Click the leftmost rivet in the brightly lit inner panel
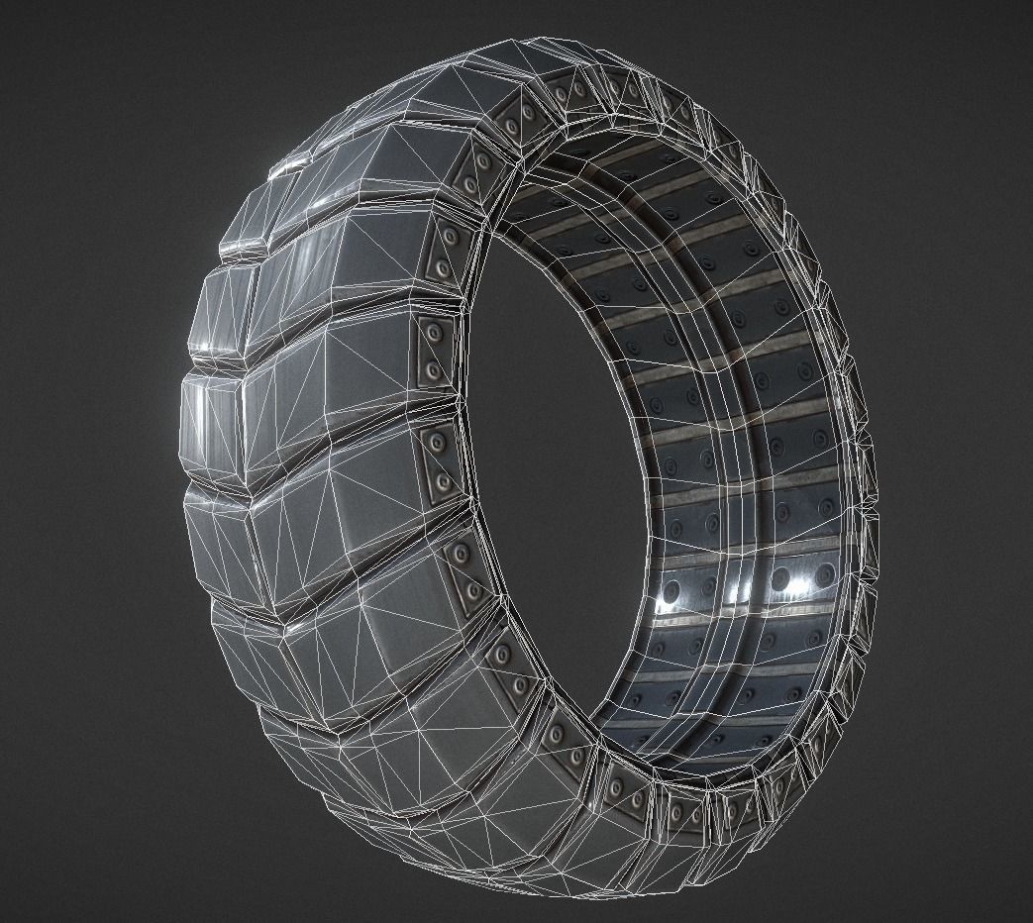click(x=671, y=591)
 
